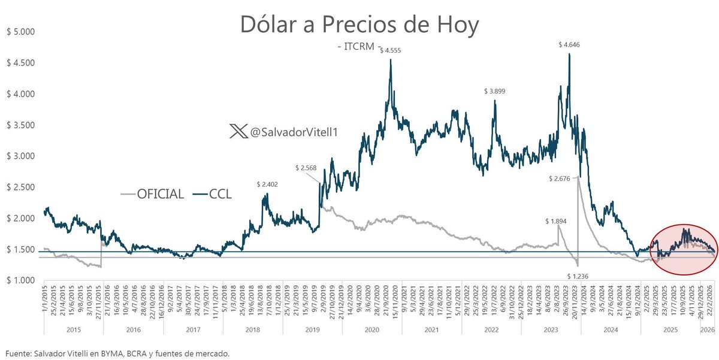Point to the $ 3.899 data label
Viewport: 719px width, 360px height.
(x=495, y=91)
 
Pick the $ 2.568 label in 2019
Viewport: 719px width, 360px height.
(x=306, y=168)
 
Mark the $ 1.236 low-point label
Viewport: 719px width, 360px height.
(x=578, y=276)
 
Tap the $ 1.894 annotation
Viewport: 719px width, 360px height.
(x=555, y=220)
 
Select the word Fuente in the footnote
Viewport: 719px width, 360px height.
(x=16, y=354)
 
